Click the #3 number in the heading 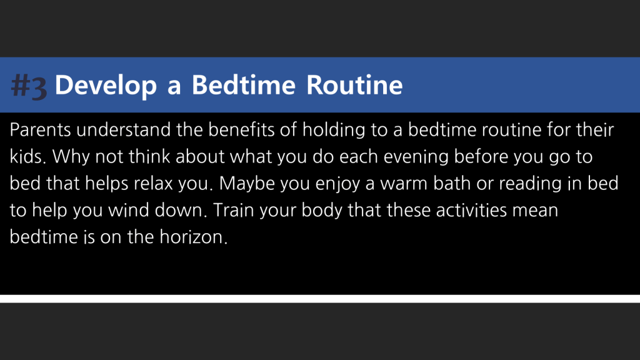[x=29, y=86]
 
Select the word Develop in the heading [x=106, y=86]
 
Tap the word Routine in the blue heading [x=354, y=85]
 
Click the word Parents [x=41, y=130]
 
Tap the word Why [x=71, y=157]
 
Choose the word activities [x=471, y=210]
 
